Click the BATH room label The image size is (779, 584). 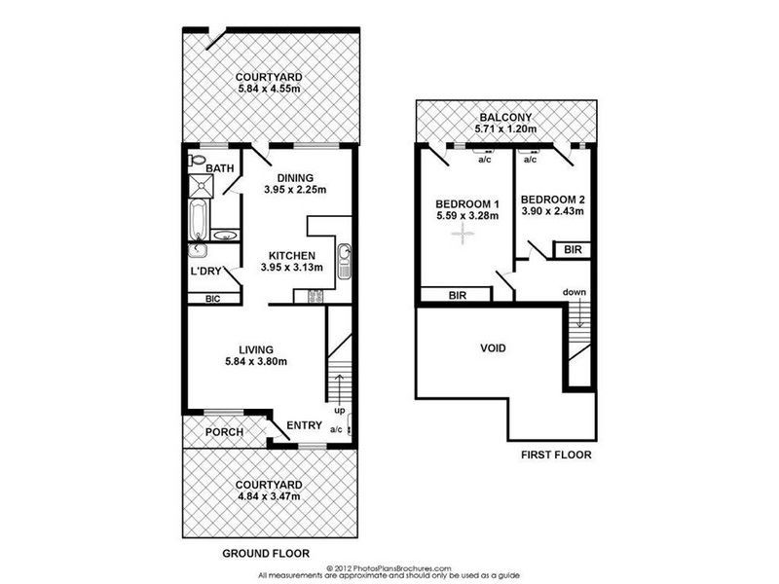[222, 168]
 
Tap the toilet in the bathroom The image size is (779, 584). [198, 158]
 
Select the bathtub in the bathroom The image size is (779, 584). [199, 218]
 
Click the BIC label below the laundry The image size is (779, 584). [212, 300]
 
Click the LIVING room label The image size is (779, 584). [256, 349]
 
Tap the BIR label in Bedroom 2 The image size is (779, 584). [573, 250]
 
